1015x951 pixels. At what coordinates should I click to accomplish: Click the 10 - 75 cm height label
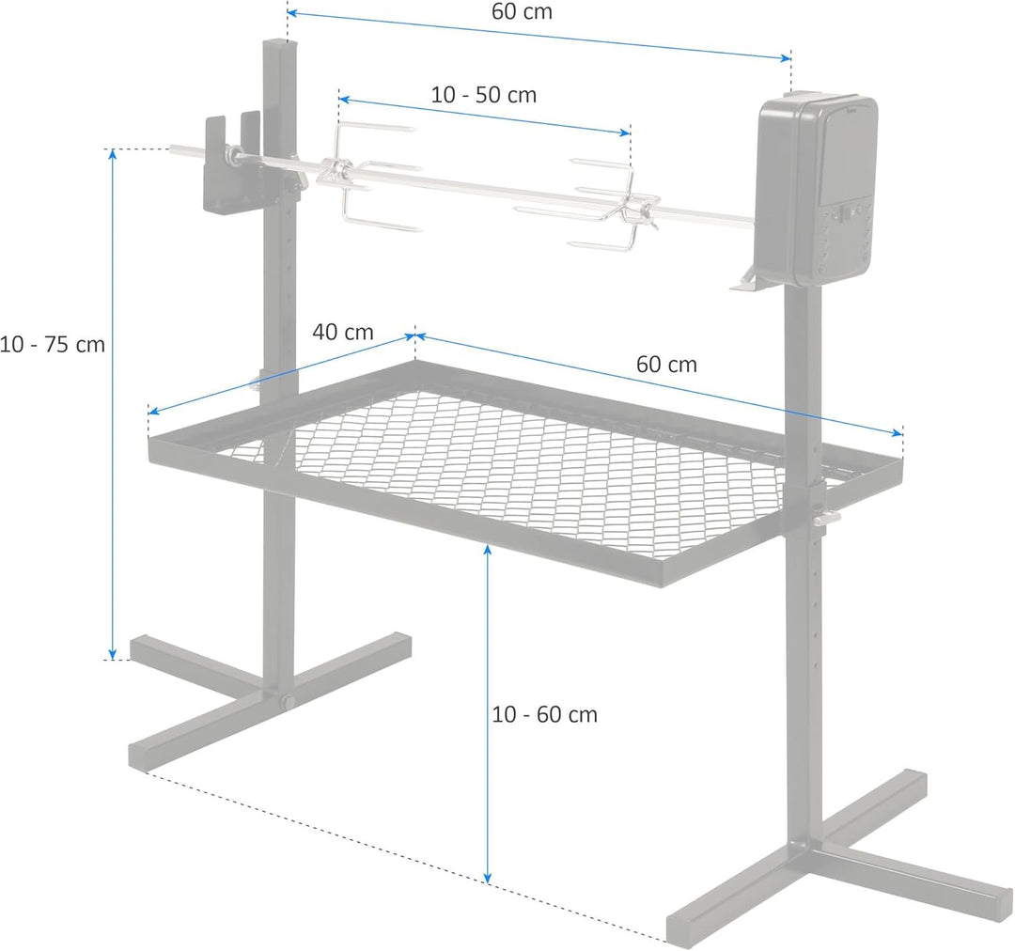pyautogui.click(x=53, y=345)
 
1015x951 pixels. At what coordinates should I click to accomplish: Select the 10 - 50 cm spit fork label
pyautogui.click(x=484, y=95)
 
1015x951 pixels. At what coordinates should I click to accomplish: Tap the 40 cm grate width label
pyautogui.click(x=343, y=332)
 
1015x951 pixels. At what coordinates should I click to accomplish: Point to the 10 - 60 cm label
pyautogui.click(x=545, y=714)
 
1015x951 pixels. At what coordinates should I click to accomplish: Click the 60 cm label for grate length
pyautogui.click(x=666, y=365)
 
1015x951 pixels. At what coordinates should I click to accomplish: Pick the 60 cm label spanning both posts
pyautogui.click(x=522, y=12)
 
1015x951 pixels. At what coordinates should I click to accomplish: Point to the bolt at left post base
pyautogui.click(x=286, y=703)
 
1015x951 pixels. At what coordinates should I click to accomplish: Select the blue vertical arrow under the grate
pyautogui.click(x=488, y=714)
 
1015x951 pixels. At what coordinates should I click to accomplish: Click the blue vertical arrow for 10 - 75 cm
pyautogui.click(x=113, y=404)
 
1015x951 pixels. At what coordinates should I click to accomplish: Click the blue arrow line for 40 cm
pyautogui.click(x=282, y=373)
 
